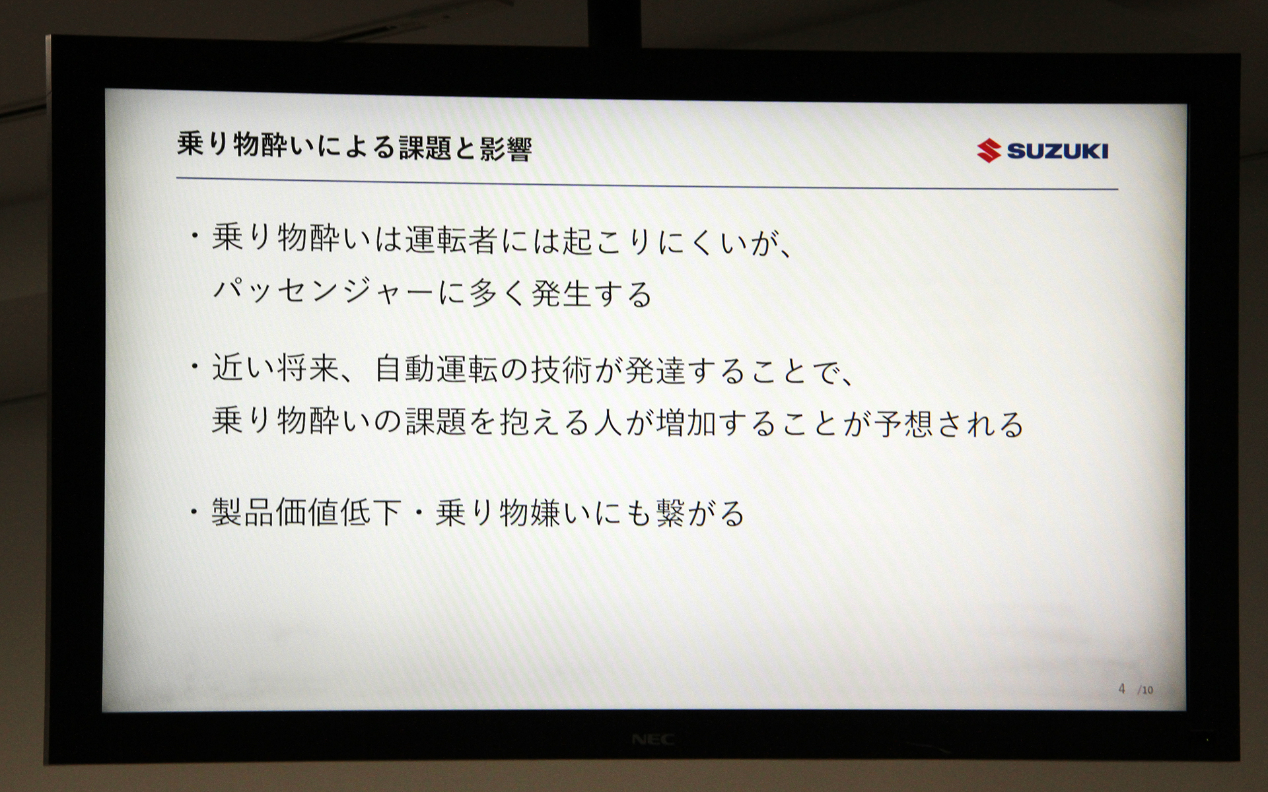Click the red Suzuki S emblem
point(989,150)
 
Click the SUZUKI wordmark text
point(1057,151)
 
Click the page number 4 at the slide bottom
point(1121,689)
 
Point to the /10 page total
point(1145,690)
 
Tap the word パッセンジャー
point(323,292)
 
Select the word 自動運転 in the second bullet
point(437,370)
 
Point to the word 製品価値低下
point(306,512)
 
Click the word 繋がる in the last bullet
point(700,513)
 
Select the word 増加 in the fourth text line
point(687,423)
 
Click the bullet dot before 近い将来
point(195,366)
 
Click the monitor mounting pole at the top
point(615,23)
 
